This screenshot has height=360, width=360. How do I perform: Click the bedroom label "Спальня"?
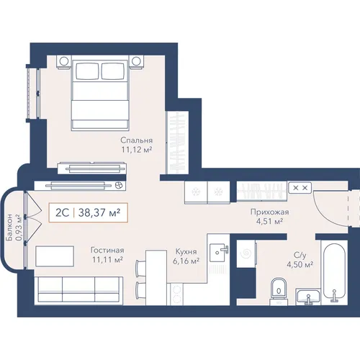point(137,140)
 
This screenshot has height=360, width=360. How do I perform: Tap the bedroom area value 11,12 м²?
point(137,150)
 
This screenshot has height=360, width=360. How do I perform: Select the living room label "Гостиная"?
point(107,251)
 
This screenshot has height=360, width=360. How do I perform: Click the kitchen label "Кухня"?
point(186,252)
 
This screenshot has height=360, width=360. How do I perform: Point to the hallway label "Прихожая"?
point(269,212)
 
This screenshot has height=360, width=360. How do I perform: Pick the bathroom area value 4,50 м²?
point(300,264)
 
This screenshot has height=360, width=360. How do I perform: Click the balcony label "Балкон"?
point(10,228)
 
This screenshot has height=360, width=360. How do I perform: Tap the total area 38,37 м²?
point(99,212)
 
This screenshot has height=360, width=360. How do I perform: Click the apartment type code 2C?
point(62,212)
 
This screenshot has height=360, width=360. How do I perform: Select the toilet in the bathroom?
point(279,292)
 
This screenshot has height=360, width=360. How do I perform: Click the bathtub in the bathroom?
point(334,272)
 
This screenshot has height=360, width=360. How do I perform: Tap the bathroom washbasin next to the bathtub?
point(308,297)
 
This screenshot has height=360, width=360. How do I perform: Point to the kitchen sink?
point(219,252)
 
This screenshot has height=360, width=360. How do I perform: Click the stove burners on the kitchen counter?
point(176,294)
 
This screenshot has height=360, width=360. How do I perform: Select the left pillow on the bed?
point(87,71)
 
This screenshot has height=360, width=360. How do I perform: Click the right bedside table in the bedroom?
point(136,61)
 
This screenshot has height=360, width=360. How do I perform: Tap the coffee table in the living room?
point(55,256)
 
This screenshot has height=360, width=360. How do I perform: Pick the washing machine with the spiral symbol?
point(246,253)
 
